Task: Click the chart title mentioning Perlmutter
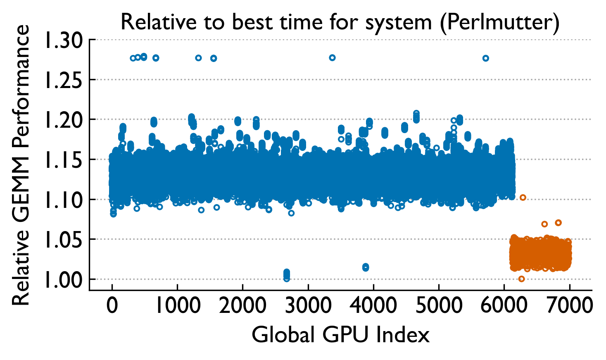coord(340,22)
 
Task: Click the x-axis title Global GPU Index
coord(340,335)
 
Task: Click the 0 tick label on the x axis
coord(112,306)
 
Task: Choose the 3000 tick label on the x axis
coord(308,306)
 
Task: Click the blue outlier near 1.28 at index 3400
coord(332,58)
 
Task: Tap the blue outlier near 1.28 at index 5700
coord(485,58)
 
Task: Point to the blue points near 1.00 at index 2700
coord(287,275)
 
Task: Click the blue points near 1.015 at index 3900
coord(366,267)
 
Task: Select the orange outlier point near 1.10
coord(523,198)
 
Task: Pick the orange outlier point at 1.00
coord(521,279)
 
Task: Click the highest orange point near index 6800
coord(558,223)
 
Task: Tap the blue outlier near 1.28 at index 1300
coord(198,58)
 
